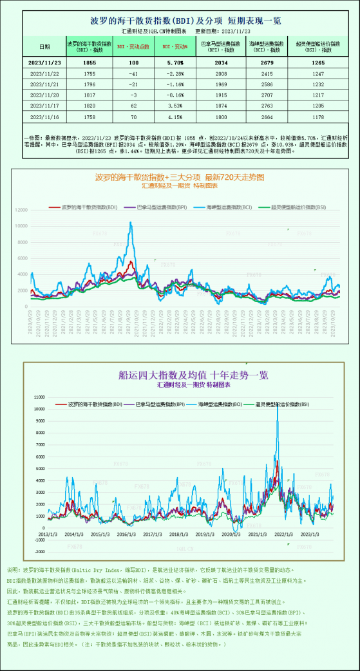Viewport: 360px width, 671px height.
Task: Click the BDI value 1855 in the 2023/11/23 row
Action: point(90,62)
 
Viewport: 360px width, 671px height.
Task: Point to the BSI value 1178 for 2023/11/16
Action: point(314,117)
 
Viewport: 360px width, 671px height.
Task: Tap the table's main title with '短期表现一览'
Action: point(180,21)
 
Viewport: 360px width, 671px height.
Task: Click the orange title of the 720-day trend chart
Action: point(180,177)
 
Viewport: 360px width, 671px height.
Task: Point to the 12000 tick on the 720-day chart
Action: point(21,210)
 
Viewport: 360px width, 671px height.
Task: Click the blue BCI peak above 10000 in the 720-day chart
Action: point(131,223)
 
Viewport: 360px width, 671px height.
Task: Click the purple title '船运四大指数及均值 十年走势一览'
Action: point(193,375)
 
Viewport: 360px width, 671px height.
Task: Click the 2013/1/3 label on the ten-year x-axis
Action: point(48,534)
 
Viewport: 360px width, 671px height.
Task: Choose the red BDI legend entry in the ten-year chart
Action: point(98,404)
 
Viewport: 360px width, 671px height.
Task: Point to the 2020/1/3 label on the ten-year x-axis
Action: point(232,534)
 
